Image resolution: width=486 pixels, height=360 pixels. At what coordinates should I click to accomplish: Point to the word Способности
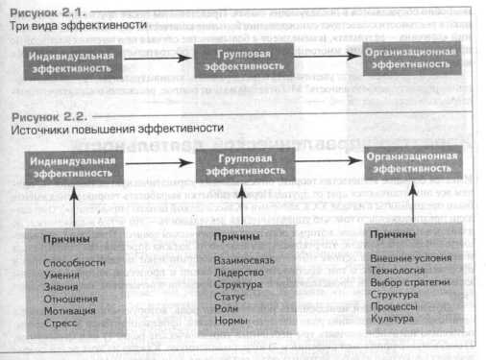click(73, 260)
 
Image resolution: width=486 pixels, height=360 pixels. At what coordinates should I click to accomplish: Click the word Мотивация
click(70, 311)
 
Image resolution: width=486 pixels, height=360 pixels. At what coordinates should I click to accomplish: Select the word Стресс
click(62, 324)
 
